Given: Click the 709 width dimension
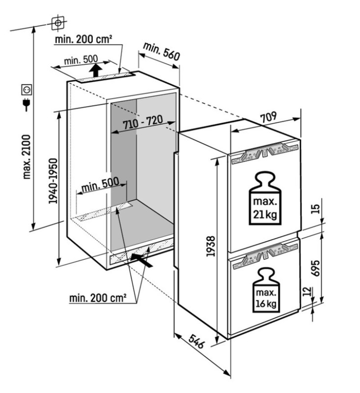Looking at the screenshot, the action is point(268,117).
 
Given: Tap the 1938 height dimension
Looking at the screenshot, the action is point(211,246).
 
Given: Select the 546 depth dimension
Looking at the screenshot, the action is point(196,341).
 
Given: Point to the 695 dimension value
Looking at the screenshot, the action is point(316,268).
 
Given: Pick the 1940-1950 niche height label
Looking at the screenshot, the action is point(53,181).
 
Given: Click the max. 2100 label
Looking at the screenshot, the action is point(27,157).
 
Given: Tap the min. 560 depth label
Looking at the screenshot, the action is point(161,52).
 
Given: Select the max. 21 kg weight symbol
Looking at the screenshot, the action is point(265,198).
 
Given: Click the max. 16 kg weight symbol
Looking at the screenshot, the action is point(266,290).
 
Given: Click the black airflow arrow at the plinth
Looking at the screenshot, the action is point(141,260).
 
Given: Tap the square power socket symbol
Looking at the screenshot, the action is point(27,90).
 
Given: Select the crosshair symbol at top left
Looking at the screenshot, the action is point(58,23).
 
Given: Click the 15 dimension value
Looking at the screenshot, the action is point(316,209).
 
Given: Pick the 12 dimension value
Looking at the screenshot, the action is point(307,291).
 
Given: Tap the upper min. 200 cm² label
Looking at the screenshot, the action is point(83,39).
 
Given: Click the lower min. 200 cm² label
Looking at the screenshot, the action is point(97,298).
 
